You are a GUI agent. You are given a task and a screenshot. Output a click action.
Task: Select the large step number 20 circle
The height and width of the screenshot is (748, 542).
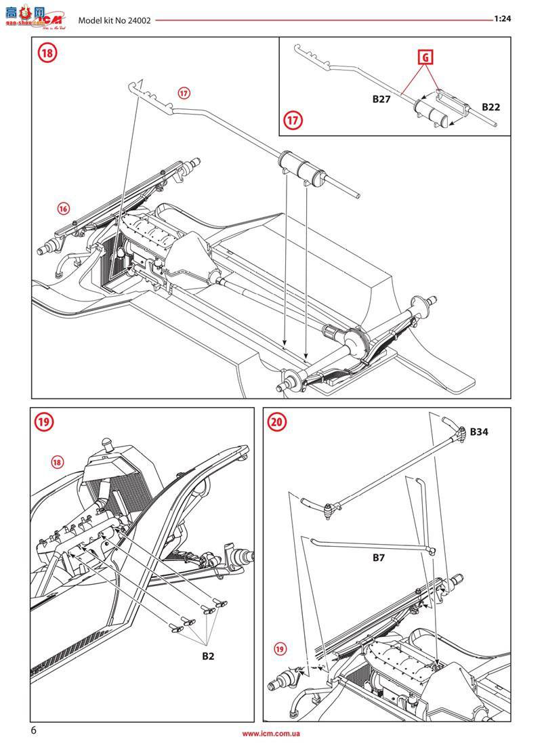[x=276, y=421]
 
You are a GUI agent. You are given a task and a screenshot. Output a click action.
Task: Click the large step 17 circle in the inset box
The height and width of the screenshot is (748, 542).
[x=293, y=121]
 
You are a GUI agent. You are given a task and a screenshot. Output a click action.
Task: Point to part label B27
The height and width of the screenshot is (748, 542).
[x=382, y=99]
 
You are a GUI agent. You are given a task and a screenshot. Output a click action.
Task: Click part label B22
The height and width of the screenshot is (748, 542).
[x=491, y=107]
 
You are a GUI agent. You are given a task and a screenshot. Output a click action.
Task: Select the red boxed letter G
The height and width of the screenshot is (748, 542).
[x=425, y=58]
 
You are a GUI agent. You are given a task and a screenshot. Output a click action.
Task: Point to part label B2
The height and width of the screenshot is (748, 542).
[x=209, y=656]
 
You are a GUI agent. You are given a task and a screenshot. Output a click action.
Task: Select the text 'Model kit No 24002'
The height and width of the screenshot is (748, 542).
[x=114, y=20]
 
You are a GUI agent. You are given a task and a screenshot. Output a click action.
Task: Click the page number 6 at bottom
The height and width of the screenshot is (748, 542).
[x=34, y=730]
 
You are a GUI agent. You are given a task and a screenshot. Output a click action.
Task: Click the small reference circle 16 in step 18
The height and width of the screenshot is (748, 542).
[x=63, y=209]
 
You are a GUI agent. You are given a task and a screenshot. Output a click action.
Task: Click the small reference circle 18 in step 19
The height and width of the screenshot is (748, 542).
[x=58, y=462]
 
